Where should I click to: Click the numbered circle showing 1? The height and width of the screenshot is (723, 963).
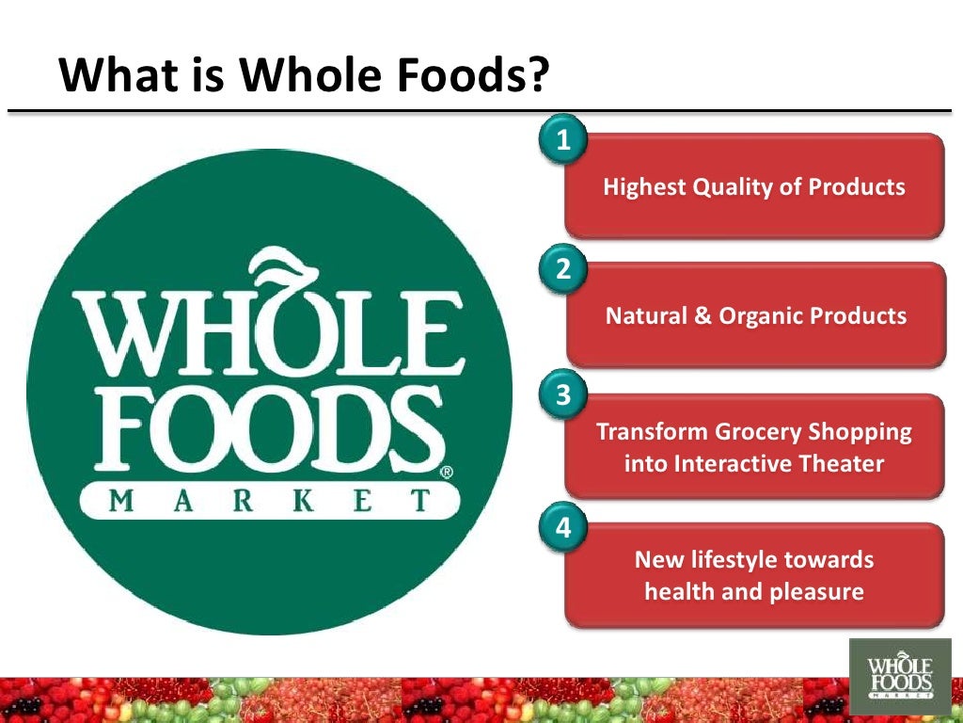562,141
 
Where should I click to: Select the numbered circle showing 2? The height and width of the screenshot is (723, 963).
562,269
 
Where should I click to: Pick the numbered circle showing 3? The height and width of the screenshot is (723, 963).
562,395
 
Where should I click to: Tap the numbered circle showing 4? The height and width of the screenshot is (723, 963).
562,527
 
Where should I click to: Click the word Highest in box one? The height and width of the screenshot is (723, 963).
644,187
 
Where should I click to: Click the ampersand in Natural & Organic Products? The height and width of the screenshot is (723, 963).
703,315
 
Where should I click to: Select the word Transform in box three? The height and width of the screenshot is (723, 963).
650,432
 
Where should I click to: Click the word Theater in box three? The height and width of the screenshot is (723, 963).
844,463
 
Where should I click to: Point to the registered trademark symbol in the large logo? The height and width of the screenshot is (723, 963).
447,473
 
